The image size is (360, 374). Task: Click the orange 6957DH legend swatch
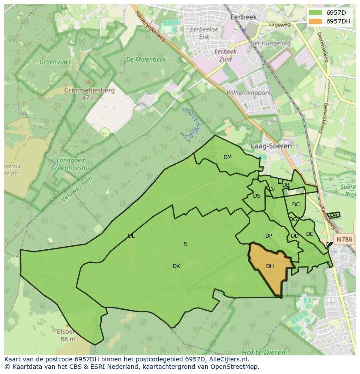tap(316, 21)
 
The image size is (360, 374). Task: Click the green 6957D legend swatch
tap(316, 13)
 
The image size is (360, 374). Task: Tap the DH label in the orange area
tap(270, 266)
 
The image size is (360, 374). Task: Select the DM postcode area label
tap(227, 157)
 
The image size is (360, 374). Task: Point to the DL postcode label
tap(131, 236)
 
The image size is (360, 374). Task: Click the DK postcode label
tap(176, 266)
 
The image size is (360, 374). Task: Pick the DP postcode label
tap(269, 236)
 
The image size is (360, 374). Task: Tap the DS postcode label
tap(257, 196)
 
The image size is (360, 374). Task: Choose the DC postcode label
tap(296, 205)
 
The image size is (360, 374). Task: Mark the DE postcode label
tap(310, 234)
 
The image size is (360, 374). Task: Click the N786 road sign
tap(344, 239)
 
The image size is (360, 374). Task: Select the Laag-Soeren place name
tap(271, 146)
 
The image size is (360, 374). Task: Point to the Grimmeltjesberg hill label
tap(89, 91)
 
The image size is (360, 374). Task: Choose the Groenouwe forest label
tap(56, 62)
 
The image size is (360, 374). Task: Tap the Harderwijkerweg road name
tap(150, 26)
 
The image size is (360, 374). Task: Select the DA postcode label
tap(333, 215)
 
